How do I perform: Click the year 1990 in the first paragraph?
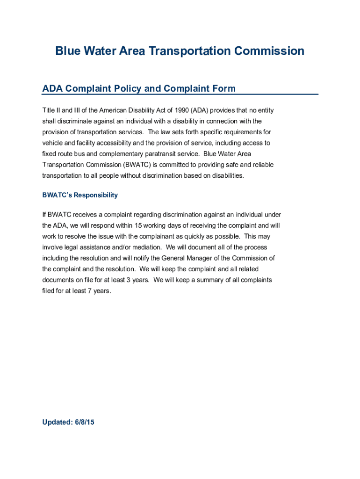click(x=180, y=111)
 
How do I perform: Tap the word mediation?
click(x=148, y=247)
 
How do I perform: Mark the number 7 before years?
click(x=89, y=290)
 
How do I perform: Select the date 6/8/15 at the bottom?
click(x=84, y=422)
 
